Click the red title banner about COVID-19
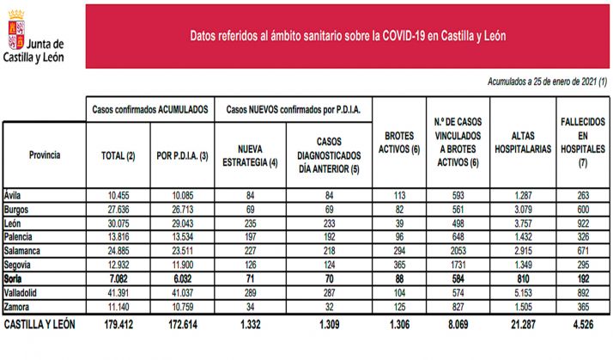pyautogui.click(x=347, y=37)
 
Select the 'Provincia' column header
pyautogui.click(x=44, y=155)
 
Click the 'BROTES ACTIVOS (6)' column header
pyautogui.click(x=397, y=143)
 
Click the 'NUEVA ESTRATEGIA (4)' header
pyautogui.click(x=246, y=156)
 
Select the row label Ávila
pyautogui.click(x=13, y=194)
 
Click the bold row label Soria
pyautogui.click(x=15, y=278)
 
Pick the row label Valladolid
pyautogui.click(x=21, y=292)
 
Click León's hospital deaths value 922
pyautogui.click(x=581, y=223)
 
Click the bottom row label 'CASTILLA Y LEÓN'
pyautogui.click(x=41, y=326)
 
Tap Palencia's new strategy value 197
pyautogui.click(x=246, y=236)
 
